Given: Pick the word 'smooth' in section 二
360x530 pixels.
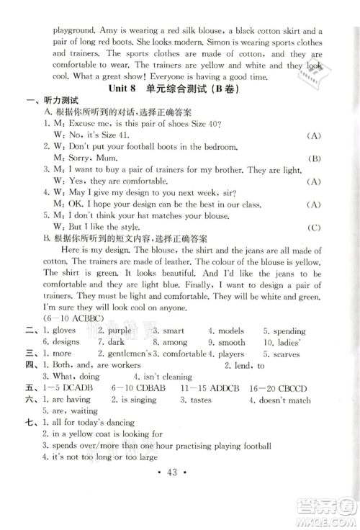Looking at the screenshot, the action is (232, 343).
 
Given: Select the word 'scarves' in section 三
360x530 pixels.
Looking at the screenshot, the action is (287, 354).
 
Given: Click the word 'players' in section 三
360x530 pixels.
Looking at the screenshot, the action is (231, 354).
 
